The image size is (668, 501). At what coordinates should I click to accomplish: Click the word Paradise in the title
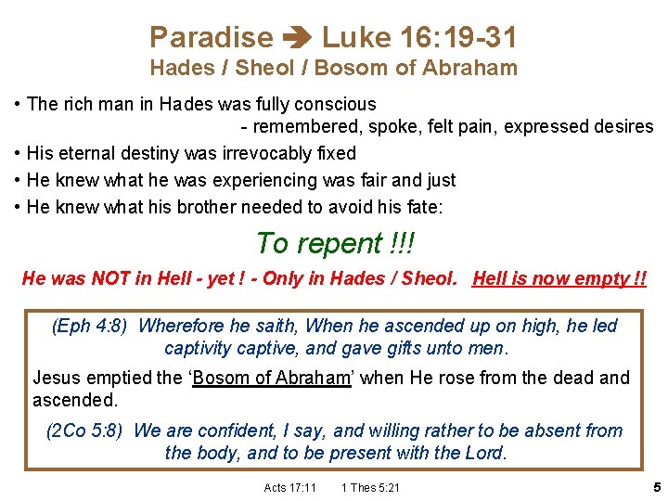[212, 37]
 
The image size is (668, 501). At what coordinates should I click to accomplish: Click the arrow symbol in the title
[297, 38]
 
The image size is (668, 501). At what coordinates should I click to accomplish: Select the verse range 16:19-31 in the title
[459, 37]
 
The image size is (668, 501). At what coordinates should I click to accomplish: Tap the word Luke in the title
[357, 37]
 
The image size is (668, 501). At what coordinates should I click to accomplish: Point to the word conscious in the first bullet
[337, 104]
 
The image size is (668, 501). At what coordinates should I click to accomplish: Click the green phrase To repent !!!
[335, 243]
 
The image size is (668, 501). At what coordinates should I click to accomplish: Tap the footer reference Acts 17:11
[289, 488]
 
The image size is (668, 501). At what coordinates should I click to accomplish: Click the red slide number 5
[656, 486]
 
